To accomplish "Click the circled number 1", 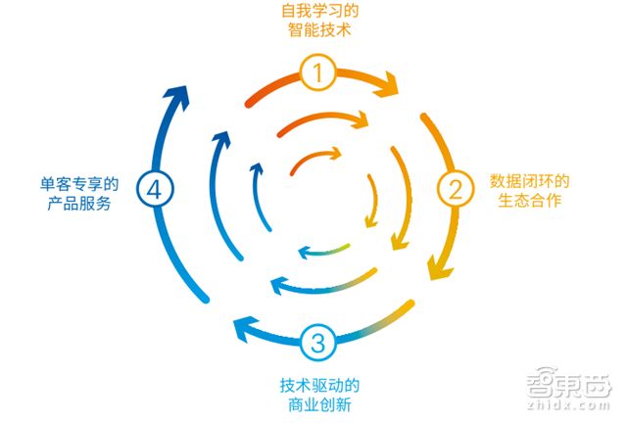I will tap(318, 70).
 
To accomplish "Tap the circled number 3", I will tap(317, 343).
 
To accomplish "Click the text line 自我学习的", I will tap(315, 12).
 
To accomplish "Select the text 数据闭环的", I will tap(530, 180).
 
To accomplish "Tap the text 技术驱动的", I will tap(315, 383).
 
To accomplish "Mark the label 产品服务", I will tap(79, 203).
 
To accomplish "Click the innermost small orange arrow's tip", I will tap(337, 153).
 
